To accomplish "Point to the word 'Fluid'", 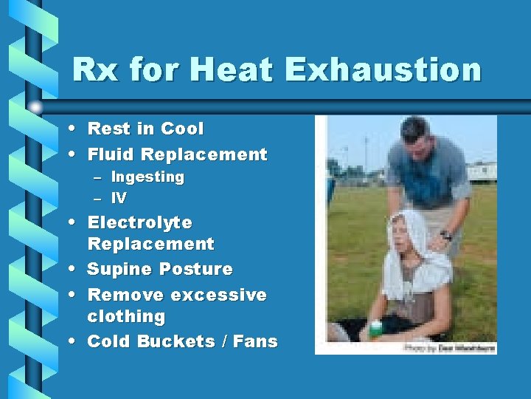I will [x=111, y=154].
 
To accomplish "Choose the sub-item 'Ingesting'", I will [x=147, y=177].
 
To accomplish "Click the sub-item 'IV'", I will [x=119, y=198].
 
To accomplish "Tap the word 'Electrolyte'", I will [x=140, y=222].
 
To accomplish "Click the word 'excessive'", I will [x=218, y=295].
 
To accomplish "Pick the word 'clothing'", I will [x=126, y=316].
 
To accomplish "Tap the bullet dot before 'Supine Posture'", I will [x=76, y=269].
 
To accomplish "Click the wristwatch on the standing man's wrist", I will [x=445, y=236].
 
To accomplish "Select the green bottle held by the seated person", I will [x=376, y=325].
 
